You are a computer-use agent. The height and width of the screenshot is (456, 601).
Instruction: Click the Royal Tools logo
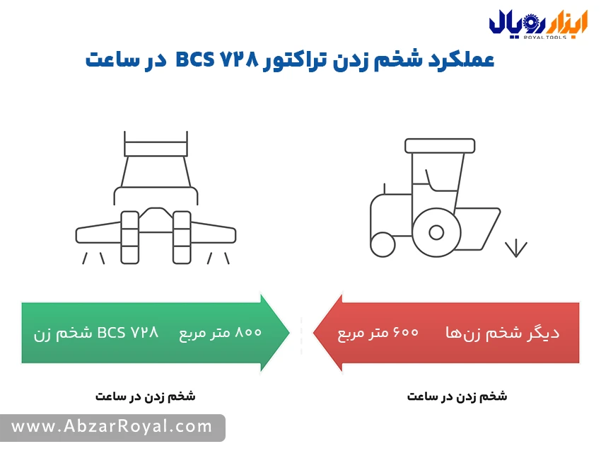pyautogui.click(x=538, y=25)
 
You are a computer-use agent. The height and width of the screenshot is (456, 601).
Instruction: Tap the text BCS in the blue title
pyautogui.click(x=194, y=60)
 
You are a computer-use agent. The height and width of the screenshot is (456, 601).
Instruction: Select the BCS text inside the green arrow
pyautogui.click(x=111, y=332)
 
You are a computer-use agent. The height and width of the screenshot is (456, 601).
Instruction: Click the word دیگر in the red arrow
pyautogui.click(x=544, y=332)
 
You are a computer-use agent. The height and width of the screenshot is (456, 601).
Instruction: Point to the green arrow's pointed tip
pyautogui.click(x=289, y=332)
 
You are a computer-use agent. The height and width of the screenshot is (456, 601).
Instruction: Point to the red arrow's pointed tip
pyautogui.click(x=313, y=332)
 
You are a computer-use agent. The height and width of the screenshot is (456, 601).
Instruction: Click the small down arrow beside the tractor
pyautogui.click(x=516, y=248)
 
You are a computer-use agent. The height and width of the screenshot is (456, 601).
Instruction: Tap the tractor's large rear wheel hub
pyautogui.click(x=436, y=232)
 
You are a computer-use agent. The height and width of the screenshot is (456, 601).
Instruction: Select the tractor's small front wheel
pyautogui.click(x=383, y=244)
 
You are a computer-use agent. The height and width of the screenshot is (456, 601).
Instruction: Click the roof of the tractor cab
pyautogui.click(x=440, y=145)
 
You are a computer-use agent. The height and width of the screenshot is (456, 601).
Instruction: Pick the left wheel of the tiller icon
pyautogui.click(x=129, y=237)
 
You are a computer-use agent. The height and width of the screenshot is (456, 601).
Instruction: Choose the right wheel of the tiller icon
pyautogui.click(x=182, y=237)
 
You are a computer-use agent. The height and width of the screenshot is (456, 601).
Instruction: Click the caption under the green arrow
pyautogui.click(x=145, y=396)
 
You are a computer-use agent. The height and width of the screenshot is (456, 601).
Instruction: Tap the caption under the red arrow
pyautogui.click(x=457, y=396)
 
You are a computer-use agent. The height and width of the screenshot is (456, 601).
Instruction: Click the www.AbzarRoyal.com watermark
pyautogui.click(x=112, y=427)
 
